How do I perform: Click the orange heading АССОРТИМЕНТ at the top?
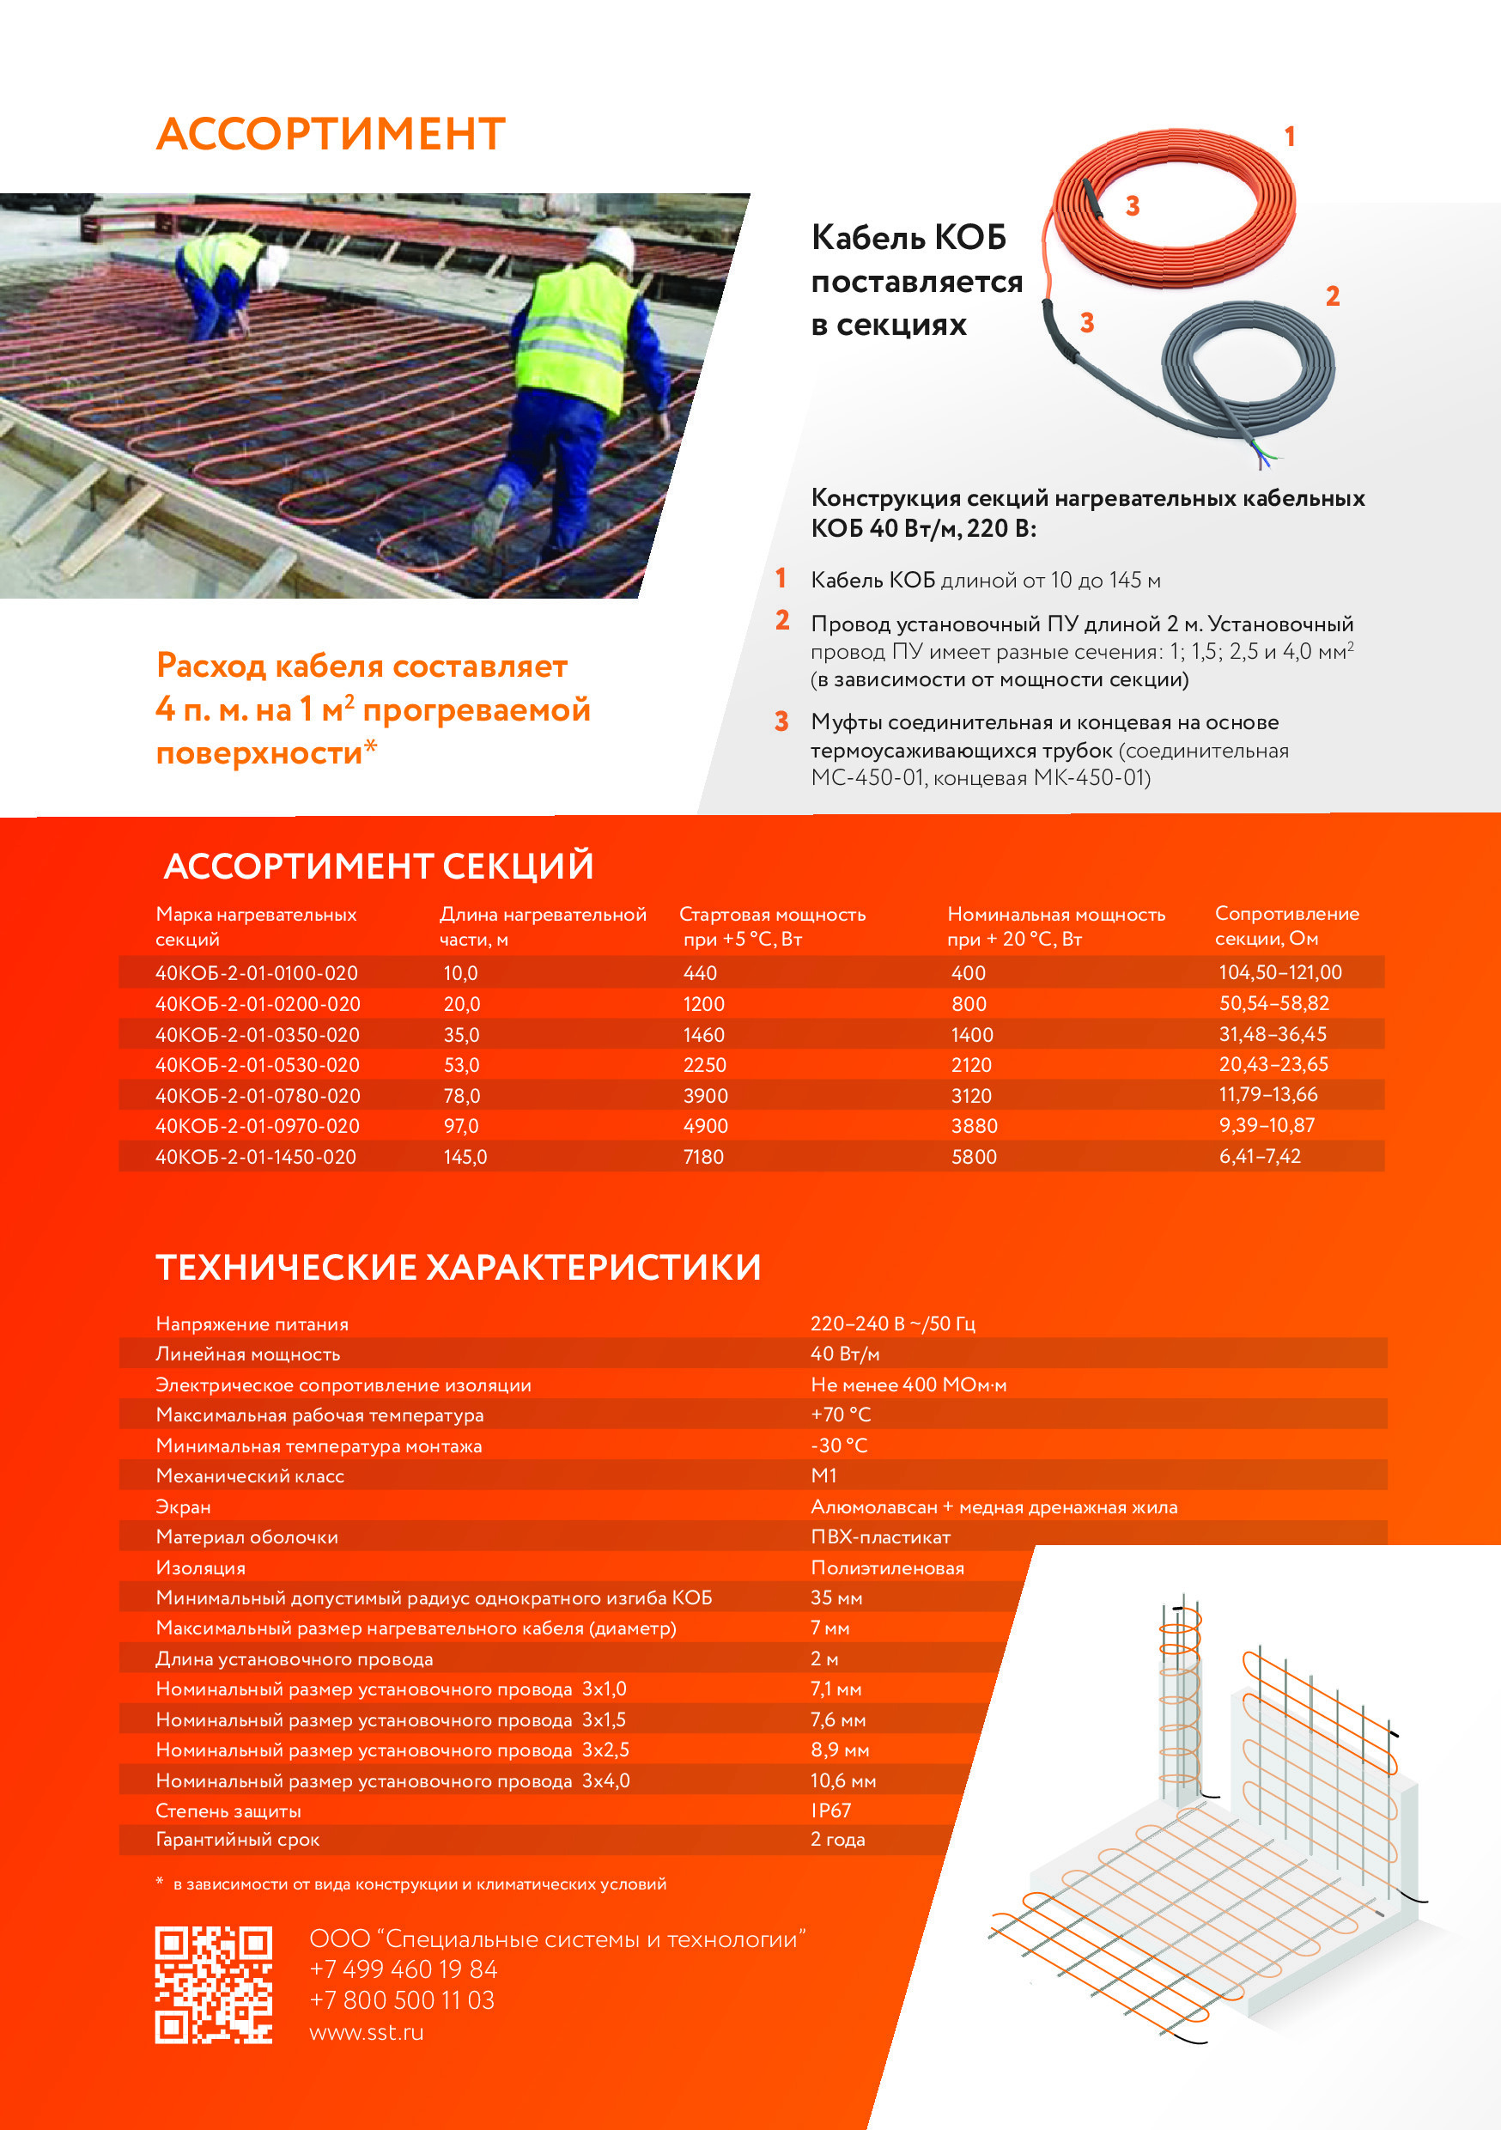(331, 135)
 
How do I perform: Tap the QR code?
(213, 1984)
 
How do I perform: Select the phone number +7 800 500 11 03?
(402, 1999)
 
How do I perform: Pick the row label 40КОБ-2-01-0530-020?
(257, 1065)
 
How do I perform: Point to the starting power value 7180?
(703, 1157)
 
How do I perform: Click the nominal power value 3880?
(974, 1126)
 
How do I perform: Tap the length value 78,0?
(461, 1096)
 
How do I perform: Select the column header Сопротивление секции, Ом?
(1285, 926)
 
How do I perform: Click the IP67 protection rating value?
(830, 1810)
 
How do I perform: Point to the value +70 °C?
(841, 1415)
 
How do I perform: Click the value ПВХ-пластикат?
(879, 1537)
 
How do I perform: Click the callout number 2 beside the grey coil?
(1332, 297)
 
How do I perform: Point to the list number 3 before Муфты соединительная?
(782, 721)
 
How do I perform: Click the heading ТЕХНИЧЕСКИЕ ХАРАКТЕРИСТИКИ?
(459, 1267)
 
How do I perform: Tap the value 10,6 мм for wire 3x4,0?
(842, 1780)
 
